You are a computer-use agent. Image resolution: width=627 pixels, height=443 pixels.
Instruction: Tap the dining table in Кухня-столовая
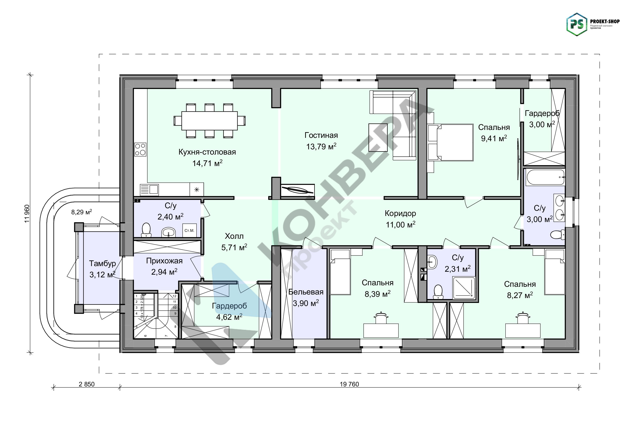click(x=209, y=121)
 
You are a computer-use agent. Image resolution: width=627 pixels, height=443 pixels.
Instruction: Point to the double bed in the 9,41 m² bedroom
click(x=451, y=142)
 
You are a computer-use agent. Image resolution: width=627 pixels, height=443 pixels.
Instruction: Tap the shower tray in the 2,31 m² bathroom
click(x=464, y=288)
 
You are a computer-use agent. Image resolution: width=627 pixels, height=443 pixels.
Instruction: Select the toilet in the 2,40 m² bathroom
click(x=146, y=230)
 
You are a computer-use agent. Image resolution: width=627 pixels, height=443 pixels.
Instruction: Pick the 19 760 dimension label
click(x=349, y=384)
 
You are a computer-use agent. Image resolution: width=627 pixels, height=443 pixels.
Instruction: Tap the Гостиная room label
click(x=321, y=135)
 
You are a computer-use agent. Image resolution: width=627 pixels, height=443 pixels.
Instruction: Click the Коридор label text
click(x=400, y=213)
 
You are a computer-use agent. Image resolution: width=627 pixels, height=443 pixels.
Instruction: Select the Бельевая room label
click(x=306, y=292)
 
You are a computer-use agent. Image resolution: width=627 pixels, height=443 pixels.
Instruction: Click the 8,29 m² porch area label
click(x=81, y=212)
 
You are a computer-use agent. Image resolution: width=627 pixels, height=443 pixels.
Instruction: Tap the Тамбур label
click(x=102, y=263)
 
